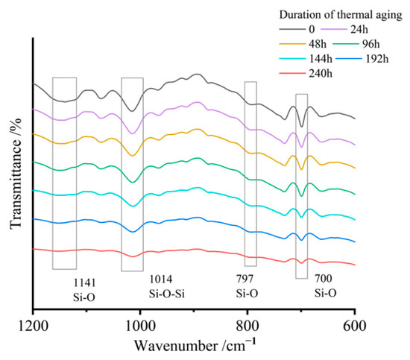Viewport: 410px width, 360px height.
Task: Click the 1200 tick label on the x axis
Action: pos(34,326)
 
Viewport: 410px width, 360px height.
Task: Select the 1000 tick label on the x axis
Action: pos(140,326)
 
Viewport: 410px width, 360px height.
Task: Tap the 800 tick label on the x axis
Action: pos(247,326)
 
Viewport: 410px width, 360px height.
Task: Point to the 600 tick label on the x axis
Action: pos(355,326)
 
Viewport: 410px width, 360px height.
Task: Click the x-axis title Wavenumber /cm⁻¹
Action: pos(195,345)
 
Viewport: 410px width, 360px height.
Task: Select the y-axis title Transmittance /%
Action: pos(16,174)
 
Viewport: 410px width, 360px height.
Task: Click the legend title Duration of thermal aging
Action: pos(341,15)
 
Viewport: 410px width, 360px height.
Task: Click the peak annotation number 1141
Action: pos(84,282)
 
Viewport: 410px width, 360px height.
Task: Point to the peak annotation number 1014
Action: pos(161,280)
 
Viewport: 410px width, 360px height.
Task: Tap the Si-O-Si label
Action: pos(167,294)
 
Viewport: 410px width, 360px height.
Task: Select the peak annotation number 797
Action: pos(245,279)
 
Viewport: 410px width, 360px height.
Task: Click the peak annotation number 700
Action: pos(324,279)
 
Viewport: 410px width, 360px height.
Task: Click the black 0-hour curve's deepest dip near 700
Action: pos(301,127)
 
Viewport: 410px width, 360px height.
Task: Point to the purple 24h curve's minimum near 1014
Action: pos(133,133)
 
